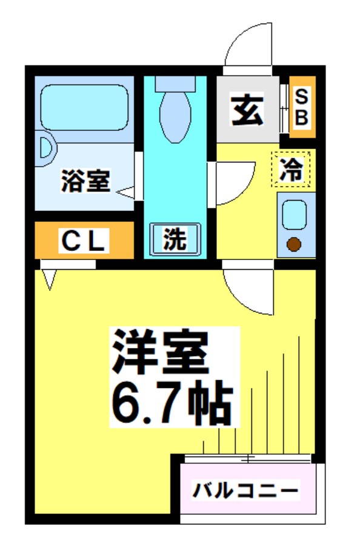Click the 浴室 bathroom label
coord(85,181)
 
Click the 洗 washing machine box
coord(175,239)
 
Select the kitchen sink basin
coord(295,214)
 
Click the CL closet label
coord(83,241)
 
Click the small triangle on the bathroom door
coord(128,193)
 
